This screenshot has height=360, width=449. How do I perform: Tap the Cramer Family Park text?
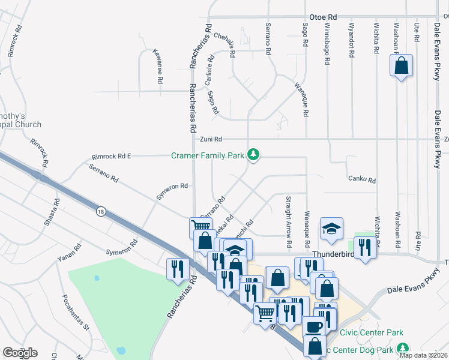[207, 155]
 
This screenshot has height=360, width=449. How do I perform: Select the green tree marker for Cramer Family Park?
[254, 155]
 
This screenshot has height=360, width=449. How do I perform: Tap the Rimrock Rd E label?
[111, 156]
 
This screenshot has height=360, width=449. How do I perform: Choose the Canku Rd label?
[362, 179]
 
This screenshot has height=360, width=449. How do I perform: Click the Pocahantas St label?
[76, 312]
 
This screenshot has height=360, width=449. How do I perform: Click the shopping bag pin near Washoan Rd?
[401, 65]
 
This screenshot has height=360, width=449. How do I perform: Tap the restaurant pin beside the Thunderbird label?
[365, 247]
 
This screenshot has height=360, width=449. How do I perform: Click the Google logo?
[20, 353]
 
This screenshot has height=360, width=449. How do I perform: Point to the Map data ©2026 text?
[424, 355]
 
